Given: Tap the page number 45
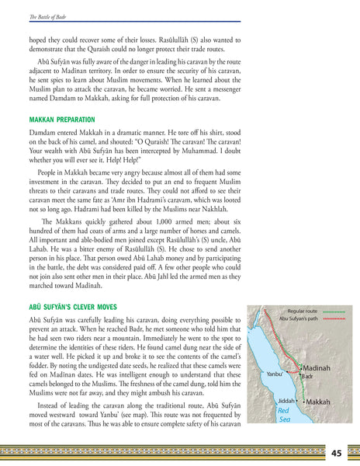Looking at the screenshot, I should [x=336, y=453].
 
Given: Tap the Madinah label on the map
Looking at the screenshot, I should [x=317, y=367].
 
